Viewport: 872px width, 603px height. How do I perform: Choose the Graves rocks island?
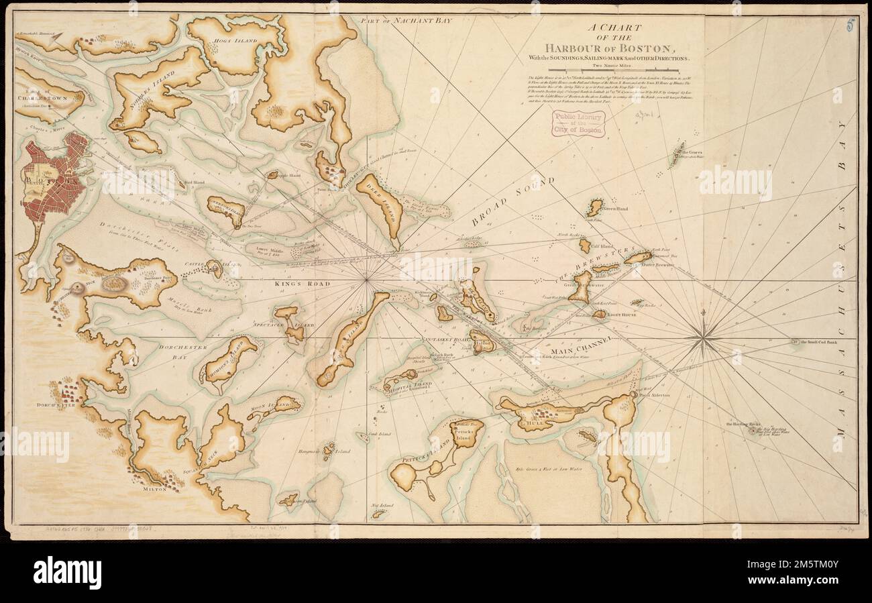[678, 154]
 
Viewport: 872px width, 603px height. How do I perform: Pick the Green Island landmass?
[594, 207]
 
